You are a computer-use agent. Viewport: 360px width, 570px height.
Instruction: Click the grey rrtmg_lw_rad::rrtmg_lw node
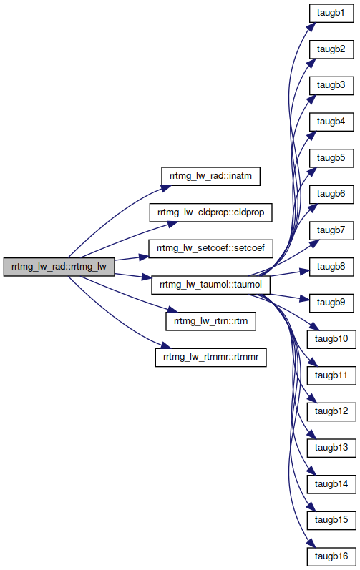(x=59, y=267)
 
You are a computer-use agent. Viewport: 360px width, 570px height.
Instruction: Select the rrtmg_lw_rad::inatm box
(x=210, y=177)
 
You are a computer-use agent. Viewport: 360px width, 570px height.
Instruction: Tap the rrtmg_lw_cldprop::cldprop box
(x=210, y=212)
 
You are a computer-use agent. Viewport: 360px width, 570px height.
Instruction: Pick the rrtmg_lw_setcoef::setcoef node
(x=210, y=249)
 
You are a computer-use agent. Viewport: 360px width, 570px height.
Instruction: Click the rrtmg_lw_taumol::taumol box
(x=210, y=285)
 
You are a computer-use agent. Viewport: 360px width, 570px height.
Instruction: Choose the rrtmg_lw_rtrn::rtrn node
(x=210, y=321)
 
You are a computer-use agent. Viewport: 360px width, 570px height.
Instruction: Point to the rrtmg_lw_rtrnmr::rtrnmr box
(x=210, y=358)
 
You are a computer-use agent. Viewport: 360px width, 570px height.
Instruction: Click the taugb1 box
(x=331, y=13)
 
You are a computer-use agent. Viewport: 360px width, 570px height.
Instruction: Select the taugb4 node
(x=331, y=122)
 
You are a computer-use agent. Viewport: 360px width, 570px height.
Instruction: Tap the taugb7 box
(x=331, y=230)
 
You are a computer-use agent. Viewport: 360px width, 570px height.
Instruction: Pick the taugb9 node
(x=331, y=303)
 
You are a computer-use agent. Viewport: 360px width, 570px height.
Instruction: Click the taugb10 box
(x=331, y=339)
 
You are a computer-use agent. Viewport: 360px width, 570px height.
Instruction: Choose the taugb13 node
(x=331, y=448)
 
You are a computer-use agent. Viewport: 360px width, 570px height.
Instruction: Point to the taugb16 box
(x=331, y=556)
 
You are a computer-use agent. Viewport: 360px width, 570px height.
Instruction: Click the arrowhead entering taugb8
(x=304, y=271)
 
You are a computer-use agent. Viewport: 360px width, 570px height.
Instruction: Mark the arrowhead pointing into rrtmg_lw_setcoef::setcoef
(x=144, y=257)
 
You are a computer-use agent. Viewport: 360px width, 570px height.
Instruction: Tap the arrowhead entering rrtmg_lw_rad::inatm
(x=166, y=188)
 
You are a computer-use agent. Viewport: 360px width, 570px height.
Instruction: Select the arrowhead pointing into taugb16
(x=311, y=542)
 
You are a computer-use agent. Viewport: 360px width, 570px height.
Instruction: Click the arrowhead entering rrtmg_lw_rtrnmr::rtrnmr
(x=165, y=345)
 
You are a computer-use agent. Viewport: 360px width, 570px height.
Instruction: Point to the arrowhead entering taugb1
(x=311, y=27)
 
